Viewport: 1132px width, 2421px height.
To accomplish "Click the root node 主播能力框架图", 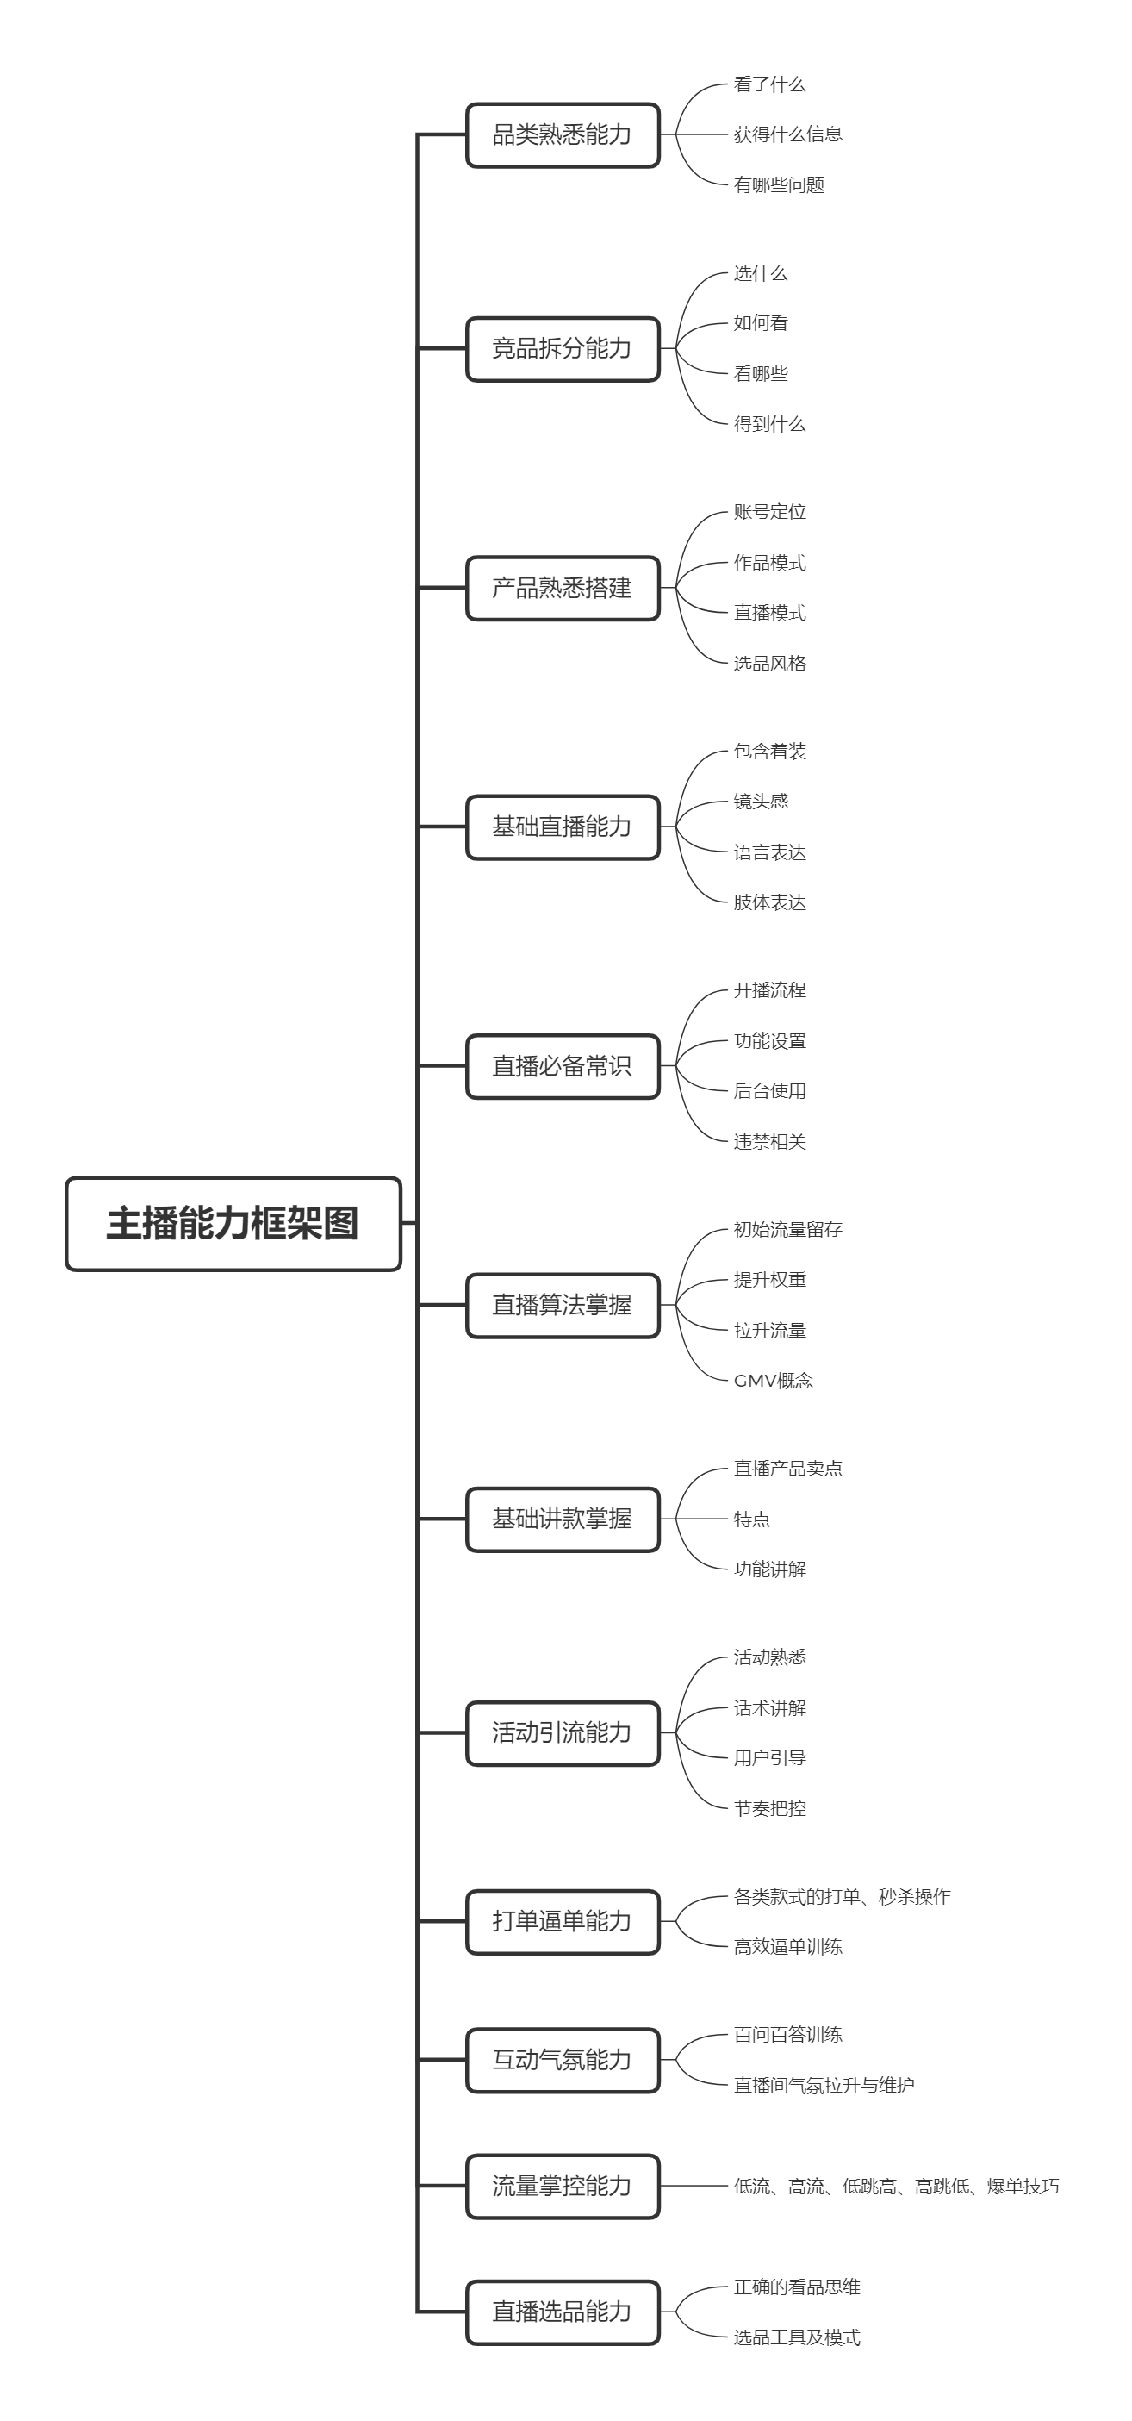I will pos(233,1223).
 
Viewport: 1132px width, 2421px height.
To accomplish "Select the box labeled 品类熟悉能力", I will pos(562,134).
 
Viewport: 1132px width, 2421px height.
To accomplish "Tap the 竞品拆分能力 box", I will pos(562,349).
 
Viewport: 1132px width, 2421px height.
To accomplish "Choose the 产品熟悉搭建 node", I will pos(562,588).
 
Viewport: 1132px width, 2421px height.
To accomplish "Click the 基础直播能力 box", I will pos(562,827).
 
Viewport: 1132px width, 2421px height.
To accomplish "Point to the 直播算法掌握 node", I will pos(562,1305).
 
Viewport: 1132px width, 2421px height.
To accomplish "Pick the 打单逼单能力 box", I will pos(562,1921).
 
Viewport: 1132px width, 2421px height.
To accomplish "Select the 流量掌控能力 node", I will pos(562,2186).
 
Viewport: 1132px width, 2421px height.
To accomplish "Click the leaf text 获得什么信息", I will pos(787,134).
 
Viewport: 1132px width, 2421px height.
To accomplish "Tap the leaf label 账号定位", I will pos(769,512).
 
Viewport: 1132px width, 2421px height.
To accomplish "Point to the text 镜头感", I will pos(760,801).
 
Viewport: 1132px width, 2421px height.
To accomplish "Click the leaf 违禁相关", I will pos(769,1142).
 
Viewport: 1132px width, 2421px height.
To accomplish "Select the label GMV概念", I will pos(773,1381).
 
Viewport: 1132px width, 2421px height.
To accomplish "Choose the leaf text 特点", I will pos(751,1519).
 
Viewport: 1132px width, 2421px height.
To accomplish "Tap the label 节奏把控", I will pos(769,1808).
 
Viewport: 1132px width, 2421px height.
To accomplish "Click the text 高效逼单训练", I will pos(787,1946).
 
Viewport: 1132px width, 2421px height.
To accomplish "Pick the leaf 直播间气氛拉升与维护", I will pos(823,2086).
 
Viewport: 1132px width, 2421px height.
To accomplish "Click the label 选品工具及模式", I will pos(797,2337).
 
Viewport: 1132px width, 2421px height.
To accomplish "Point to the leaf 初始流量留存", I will pos(787,1229).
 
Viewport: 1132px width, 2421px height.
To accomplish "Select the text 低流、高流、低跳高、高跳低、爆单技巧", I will pos(895,2186).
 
